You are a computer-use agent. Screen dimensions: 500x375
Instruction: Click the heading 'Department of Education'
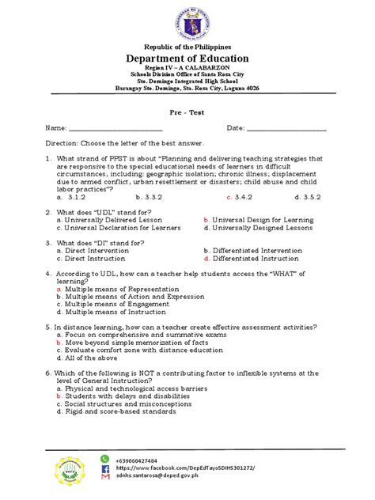(188, 59)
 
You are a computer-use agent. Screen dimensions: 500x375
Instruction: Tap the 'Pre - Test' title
(188, 111)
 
